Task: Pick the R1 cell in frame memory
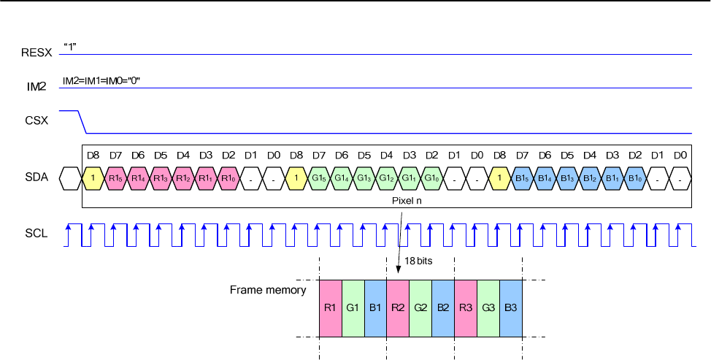tap(331, 307)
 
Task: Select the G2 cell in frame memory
tap(420, 307)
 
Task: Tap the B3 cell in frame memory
tap(511, 307)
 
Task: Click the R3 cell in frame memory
tap(466, 307)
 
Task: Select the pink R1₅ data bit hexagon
tap(115, 178)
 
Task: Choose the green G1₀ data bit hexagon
tap(432, 178)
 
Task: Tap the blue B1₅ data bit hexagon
tap(523, 178)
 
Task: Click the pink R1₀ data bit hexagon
tap(228, 178)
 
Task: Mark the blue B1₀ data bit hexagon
tap(636, 178)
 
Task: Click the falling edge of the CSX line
tap(82, 122)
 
